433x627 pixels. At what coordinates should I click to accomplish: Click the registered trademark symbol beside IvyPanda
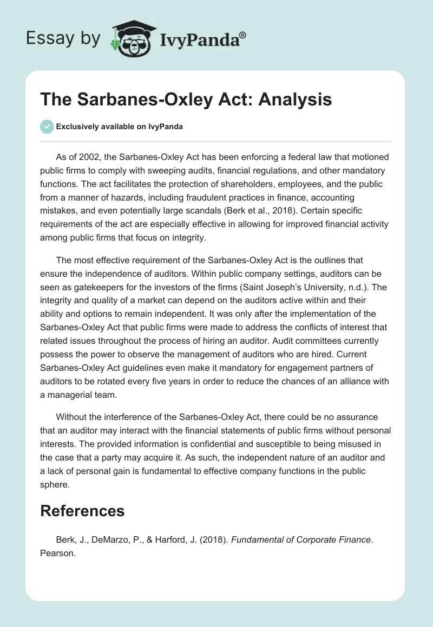click(242, 35)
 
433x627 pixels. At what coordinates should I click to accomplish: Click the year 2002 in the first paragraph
click(84, 157)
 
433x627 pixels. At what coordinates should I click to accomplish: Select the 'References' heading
click(82, 511)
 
